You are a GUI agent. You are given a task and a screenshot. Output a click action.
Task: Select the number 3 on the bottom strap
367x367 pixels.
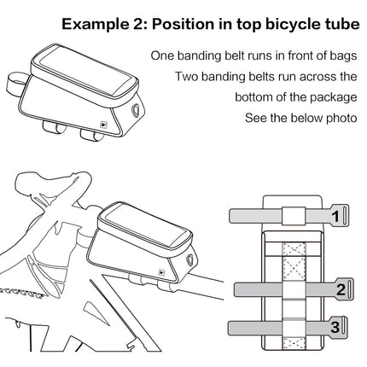pos(335,328)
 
